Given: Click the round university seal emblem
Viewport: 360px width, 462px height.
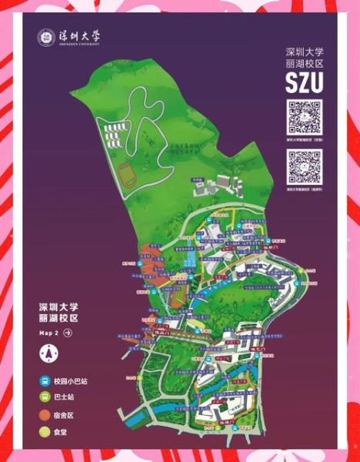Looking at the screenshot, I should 46,38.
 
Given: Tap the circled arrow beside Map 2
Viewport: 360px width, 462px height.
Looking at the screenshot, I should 68,333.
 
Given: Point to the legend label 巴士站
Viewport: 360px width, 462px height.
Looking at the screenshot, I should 66,398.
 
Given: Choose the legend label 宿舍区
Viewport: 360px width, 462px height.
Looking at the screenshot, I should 66,415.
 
